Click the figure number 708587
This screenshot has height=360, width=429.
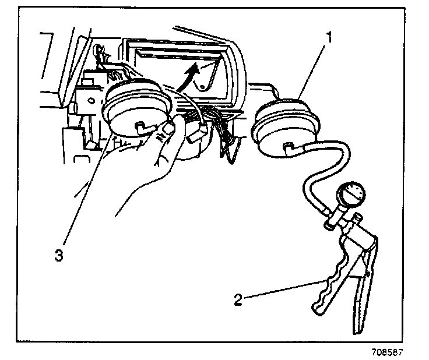[x=387, y=352]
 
